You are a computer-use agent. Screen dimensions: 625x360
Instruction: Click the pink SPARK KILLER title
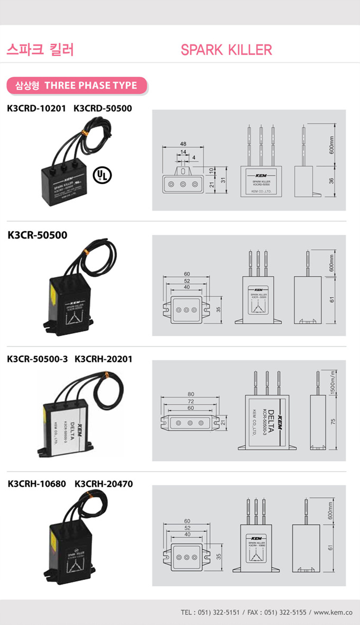[x=226, y=50]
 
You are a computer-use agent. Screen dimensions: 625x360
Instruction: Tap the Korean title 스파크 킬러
[x=40, y=50]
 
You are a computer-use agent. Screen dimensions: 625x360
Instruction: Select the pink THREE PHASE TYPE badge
[x=76, y=85]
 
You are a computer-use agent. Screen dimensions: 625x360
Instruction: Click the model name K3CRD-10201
[x=37, y=108]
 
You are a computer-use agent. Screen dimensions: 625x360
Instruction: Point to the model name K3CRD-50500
[x=103, y=108]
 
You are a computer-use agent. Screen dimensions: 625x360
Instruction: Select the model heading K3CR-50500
[x=38, y=234]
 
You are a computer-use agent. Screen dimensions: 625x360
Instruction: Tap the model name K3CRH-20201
[x=104, y=359]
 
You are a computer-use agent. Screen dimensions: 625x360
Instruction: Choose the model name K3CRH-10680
[x=37, y=484]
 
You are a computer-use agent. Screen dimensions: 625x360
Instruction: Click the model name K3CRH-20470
[x=104, y=484]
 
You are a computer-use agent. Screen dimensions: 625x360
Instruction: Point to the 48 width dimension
[x=183, y=144]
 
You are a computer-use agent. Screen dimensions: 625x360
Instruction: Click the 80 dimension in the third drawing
[x=191, y=394]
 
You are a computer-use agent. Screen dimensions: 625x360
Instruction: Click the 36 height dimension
[x=331, y=181]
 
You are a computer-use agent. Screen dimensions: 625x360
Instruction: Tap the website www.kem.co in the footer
[x=332, y=612]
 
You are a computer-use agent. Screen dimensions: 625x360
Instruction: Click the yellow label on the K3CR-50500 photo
[x=53, y=292]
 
